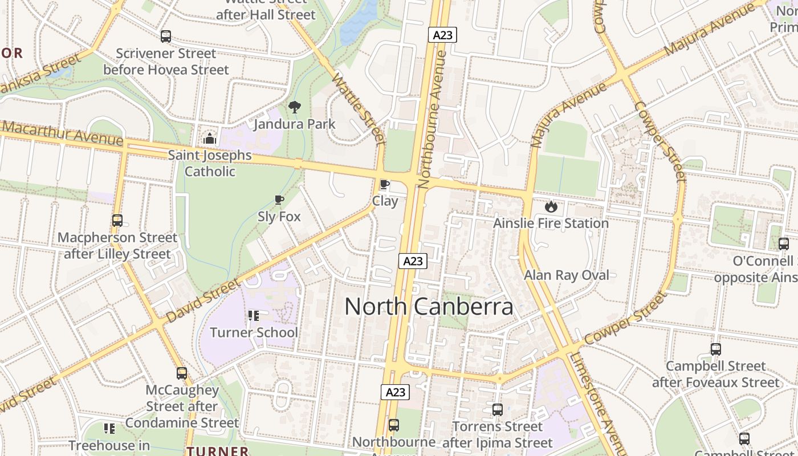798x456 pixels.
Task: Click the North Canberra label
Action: pos(429,307)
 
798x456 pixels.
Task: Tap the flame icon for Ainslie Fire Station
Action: pos(551,206)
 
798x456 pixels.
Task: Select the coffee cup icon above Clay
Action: pos(385,185)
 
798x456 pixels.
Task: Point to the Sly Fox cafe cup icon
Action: pos(279,200)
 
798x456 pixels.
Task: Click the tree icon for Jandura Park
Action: pos(295,107)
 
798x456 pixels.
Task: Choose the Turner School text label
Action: pos(254,332)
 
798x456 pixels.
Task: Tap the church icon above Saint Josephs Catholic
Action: pos(210,139)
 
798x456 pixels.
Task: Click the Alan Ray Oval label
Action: pos(567,275)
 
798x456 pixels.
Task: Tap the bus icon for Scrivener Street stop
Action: pos(166,36)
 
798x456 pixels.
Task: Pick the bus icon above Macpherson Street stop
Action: pos(117,221)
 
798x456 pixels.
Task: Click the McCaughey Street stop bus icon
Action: pos(182,373)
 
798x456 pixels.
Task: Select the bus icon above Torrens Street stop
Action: pos(498,409)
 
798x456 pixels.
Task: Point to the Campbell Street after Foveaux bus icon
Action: pos(716,349)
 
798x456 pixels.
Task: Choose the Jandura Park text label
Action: pos(295,124)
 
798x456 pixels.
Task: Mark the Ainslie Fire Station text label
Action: pos(551,223)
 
